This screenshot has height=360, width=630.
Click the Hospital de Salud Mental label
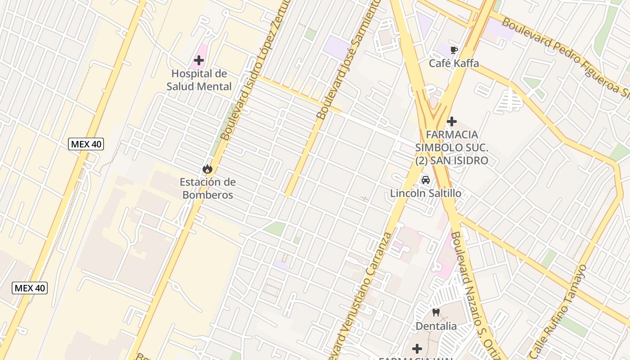(199, 80)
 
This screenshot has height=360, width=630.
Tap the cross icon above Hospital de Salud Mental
(199, 60)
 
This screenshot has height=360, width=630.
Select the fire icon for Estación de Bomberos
(207, 169)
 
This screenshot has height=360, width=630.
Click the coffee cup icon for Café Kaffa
(454, 50)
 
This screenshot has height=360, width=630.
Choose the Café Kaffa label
(454, 63)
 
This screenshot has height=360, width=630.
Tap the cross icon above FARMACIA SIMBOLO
(452, 121)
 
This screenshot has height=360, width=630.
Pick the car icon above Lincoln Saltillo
(425, 180)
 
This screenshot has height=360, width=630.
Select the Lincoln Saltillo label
(425, 193)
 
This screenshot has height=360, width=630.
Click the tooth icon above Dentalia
(436, 312)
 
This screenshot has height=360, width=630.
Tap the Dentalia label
(436, 326)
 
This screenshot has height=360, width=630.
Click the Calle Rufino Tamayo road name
(560, 310)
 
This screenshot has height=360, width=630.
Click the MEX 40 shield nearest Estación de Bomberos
(86, 144)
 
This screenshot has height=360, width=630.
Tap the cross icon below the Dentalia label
(417, 349)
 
